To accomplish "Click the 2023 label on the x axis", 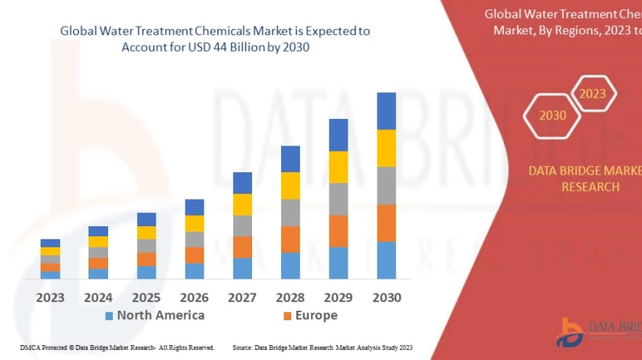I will pos(50,297).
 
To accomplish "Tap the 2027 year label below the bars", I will pos(243,297).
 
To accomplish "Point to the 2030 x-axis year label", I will pos(386,297).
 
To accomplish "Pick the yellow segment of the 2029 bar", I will pos(338,167).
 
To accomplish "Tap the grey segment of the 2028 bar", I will pos(290,212).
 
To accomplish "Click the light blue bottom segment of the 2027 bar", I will pos(243,268).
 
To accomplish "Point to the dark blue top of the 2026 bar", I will pos(194,207).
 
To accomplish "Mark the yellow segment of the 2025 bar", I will pos(146,232).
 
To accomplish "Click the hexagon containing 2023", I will pos(593,94).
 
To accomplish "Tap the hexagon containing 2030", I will pos(552,115).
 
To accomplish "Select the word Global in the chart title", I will pos(79,31).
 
